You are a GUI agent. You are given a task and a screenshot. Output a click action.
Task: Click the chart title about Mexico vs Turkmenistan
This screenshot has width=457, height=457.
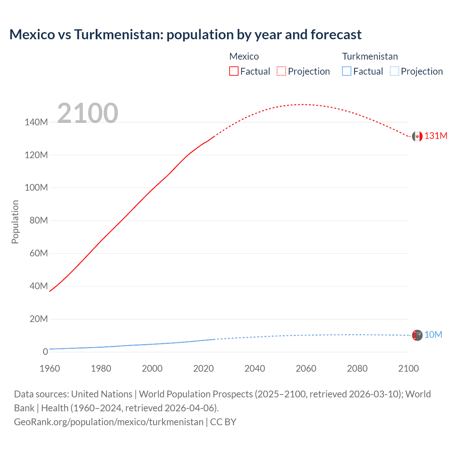click(185, 35)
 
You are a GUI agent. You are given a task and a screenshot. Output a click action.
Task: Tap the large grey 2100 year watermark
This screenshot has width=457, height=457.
click(87, 113)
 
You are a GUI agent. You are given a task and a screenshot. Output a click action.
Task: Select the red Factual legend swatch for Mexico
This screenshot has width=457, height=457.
click(233, 71)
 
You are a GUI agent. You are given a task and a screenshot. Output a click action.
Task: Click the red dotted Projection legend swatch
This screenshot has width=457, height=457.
click(281, 71)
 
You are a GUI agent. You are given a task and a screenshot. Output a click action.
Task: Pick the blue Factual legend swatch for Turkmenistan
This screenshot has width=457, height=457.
click(347, 71)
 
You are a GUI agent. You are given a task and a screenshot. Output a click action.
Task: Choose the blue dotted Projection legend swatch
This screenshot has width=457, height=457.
click(394, 71)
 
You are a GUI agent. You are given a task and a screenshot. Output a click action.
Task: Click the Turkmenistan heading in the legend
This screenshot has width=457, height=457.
click(370, 56)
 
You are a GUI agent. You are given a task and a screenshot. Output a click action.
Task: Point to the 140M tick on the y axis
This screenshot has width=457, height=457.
click(36, 122)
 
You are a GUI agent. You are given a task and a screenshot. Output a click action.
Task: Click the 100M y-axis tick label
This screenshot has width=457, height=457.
click(36, 188)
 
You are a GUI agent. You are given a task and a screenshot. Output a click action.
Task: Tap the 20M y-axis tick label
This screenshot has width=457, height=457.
click(39, 319)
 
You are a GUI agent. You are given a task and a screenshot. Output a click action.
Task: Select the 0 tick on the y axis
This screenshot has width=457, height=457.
click(45, 352)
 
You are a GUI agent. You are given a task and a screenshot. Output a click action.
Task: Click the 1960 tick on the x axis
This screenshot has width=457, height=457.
click(50, 368)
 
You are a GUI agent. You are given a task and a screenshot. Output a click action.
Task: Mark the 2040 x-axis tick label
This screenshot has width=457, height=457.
click(255, 368)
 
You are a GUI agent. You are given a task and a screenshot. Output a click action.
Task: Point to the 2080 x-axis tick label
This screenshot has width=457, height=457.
click(357, 368)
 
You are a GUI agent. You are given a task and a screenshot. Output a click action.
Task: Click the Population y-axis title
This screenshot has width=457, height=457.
click(15, 222)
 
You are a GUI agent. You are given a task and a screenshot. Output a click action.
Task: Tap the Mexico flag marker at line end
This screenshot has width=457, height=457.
click(417, 136)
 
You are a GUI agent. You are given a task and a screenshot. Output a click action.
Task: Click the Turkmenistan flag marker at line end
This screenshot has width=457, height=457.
click(417, 335)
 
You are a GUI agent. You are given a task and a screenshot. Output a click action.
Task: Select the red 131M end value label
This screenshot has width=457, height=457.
click(436, 136)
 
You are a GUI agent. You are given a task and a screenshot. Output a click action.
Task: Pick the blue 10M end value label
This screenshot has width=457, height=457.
click(433, 335)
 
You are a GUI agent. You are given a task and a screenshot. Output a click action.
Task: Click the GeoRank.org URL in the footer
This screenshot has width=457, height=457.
click(109, 422)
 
